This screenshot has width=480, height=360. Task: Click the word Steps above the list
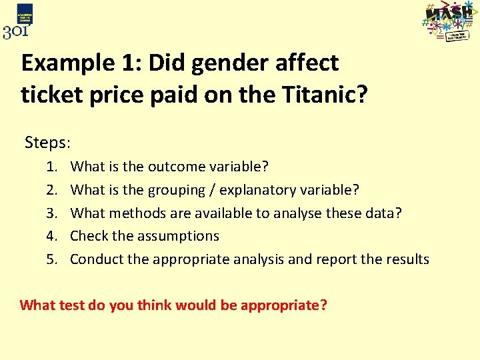tap(47, 142)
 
